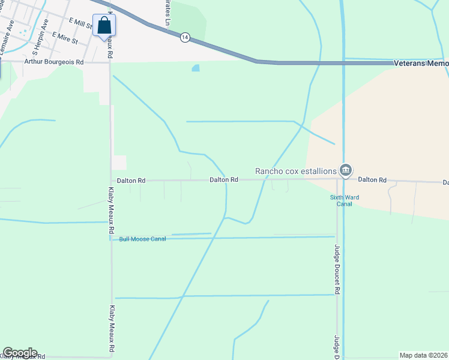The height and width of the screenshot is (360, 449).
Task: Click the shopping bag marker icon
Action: (x=104, y=26)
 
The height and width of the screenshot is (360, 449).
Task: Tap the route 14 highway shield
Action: (x=185, y=37)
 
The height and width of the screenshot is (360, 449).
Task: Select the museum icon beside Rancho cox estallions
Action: (x=345, y=171)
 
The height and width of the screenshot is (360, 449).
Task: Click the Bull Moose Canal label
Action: (x=142, y=239)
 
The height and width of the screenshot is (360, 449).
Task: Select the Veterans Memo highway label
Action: (x=421, y=63)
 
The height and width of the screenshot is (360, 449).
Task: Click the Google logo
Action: (x=20, y=353)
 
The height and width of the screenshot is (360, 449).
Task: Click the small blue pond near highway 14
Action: (x=196, y=68)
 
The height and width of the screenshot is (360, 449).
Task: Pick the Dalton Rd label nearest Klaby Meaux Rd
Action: (x=132, y=180)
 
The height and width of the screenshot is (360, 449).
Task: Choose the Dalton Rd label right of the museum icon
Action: (x=372, y=180)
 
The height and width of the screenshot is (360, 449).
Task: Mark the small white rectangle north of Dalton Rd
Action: (x=119, y=162)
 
